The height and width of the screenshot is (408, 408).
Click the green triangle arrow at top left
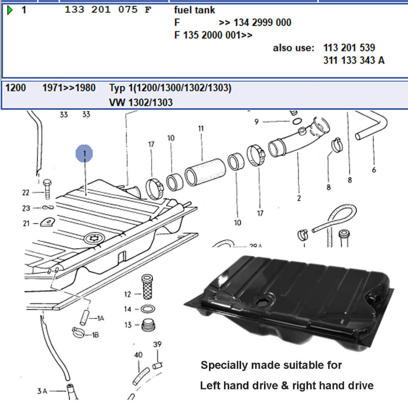point(11,10)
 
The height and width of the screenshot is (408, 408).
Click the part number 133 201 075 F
point(108,10)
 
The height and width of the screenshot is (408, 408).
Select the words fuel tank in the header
point(195,10)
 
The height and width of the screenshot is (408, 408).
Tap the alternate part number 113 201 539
point(349,48)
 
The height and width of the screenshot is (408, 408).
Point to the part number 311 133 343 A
point(353,61)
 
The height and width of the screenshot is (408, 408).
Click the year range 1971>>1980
point(69,88)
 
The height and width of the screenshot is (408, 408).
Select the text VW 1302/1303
point(141,102)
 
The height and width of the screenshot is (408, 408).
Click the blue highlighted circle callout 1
point(84,154)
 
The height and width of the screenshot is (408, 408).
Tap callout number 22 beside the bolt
point(26,193)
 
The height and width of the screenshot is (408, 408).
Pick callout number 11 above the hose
point(201,129)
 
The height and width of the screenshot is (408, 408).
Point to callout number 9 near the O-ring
point(256,122)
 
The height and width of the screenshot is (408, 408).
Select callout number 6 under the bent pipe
point(374,170)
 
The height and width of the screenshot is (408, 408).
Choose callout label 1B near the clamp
point(95,335)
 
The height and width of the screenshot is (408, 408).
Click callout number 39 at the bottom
point(157,345)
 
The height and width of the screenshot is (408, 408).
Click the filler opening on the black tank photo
point(262,302)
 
